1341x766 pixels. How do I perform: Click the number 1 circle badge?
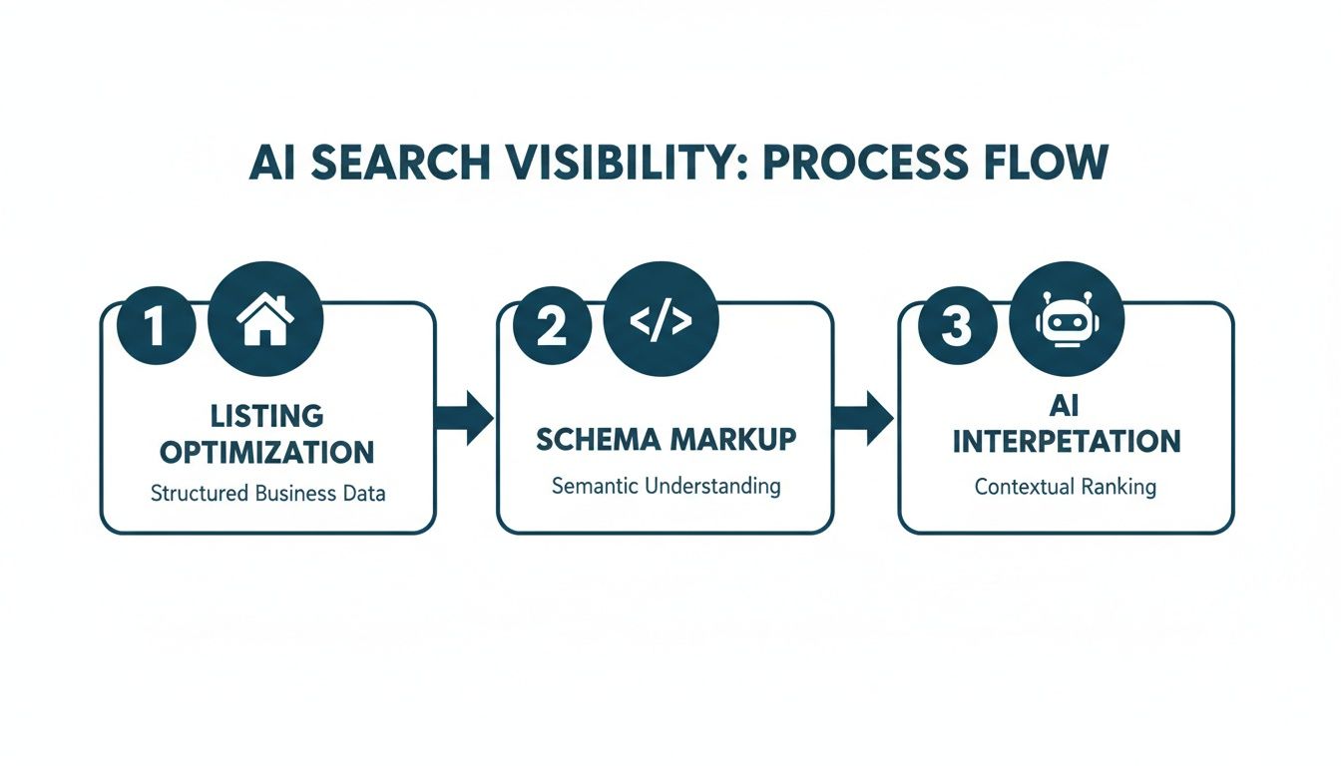154,327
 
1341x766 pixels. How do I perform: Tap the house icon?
264,318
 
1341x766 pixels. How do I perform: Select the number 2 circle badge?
550,327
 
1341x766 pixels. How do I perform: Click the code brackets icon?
661,318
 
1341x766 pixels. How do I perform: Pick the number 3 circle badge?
955,327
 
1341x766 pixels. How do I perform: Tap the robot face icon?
1066,318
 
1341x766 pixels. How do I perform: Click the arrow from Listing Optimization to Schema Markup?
466,417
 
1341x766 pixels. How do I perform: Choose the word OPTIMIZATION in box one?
266,452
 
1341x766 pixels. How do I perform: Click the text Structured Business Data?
266,494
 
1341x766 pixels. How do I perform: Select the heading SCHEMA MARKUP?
665,439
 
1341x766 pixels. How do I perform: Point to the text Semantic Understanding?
665,486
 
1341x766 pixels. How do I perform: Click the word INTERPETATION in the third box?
1066,441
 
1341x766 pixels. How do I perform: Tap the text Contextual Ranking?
1066,488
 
